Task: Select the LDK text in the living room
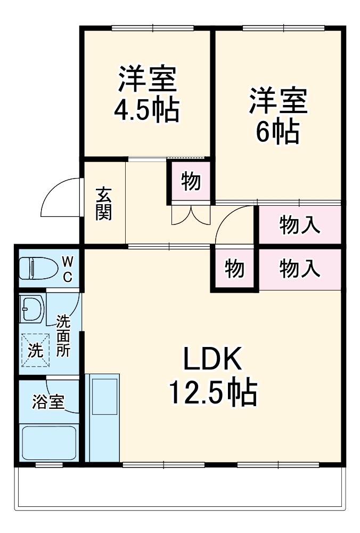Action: pos(213,361)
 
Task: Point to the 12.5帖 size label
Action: pos(213,393)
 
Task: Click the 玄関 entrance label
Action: pos(103,204)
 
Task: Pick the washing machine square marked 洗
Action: pos(35,350)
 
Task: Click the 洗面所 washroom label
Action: pos(63,336)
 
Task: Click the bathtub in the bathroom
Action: pos(48,442)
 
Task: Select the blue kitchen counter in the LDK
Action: pos(103,416)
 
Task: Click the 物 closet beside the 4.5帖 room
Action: pos(191,182)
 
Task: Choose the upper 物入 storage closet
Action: pos(300,225)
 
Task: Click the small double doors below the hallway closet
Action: pos(191,214)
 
